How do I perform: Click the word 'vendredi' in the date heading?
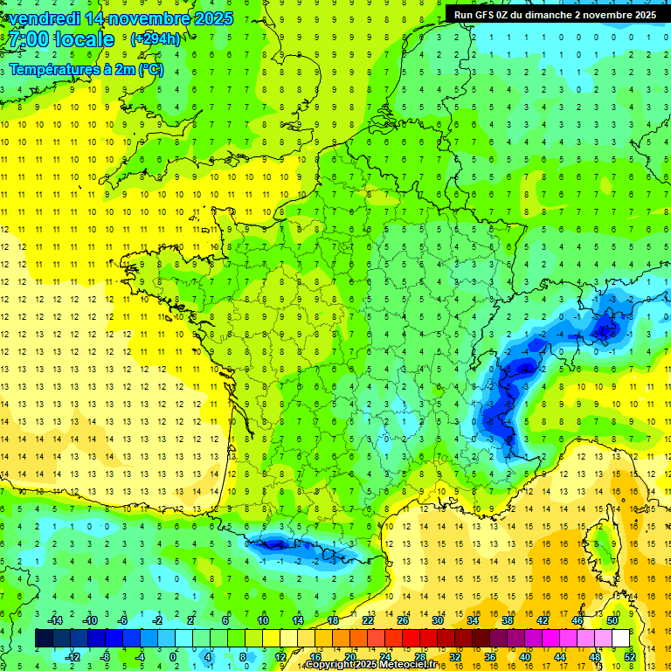(44, 18)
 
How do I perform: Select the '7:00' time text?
(28, 39)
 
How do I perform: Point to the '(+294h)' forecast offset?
(156, 39)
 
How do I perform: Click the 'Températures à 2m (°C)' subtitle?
(86, 70)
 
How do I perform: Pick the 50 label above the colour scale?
(612, 620)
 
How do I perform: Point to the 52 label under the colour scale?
(630, 656)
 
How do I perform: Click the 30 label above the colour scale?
(438, 620)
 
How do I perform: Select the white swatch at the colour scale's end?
(621, 639)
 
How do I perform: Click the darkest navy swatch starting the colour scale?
(44, 639)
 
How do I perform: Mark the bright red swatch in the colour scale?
(412, 639)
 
